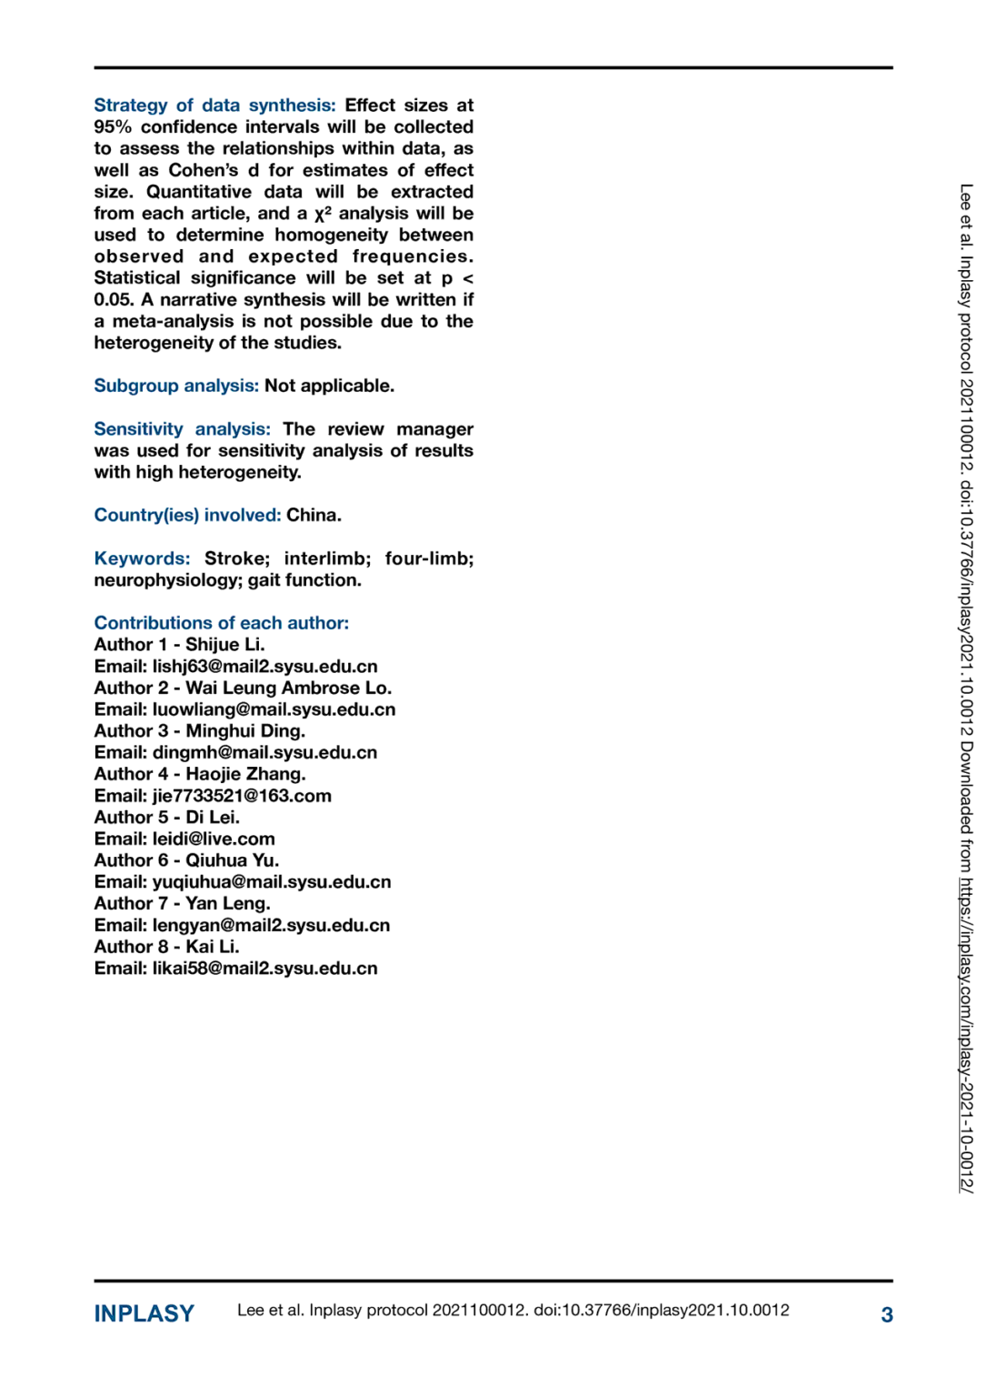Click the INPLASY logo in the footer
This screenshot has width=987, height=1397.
coord(144,1313)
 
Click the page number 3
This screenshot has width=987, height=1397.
coord(886,1314)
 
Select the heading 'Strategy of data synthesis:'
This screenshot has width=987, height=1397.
coord(214,106)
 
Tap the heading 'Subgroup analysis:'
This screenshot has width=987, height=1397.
coord(176,386)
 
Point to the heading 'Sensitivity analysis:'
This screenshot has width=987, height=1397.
coord(182,429)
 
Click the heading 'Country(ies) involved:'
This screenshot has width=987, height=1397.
coord(187,515)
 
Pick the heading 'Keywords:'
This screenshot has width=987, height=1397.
coord(142,558)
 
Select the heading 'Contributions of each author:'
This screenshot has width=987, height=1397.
coord(221,623)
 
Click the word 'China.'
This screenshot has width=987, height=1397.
coord(314,515)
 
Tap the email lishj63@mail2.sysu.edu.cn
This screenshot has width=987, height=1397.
coord(264,667)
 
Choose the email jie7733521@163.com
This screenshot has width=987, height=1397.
coord(242,796)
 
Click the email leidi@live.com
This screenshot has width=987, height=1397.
coord(214,839)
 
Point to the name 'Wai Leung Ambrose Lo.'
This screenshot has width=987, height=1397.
coord(288,688)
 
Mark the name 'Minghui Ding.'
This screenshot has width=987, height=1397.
coord(245,731)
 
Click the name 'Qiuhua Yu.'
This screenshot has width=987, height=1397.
coord(232,860)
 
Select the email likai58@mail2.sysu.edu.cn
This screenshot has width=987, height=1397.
coord(264,969)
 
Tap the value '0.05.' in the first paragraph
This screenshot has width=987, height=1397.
coord(114,300)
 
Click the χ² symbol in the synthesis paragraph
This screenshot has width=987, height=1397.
coord(323,214)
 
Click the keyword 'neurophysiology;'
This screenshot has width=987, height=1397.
coord(168,580)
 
